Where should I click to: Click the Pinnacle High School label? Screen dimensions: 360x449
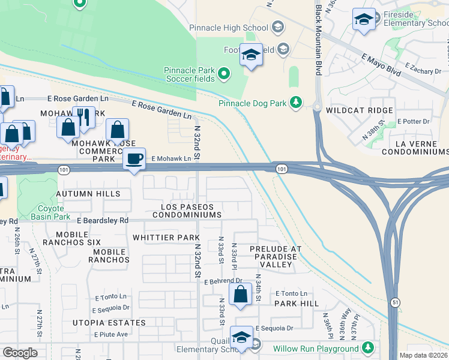point(228,28)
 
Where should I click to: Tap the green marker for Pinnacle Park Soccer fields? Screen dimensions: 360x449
point(224,74)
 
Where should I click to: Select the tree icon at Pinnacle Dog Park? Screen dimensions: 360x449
point(295,103)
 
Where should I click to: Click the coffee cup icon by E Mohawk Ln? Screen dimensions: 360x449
point(134,159)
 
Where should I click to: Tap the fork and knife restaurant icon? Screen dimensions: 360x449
point(84,117)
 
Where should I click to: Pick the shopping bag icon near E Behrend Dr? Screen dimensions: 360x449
point(240,295)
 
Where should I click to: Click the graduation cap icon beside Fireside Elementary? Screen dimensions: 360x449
point(364,19)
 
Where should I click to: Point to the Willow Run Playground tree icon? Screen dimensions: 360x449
point(367,348)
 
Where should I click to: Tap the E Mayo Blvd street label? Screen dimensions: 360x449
point(381,64)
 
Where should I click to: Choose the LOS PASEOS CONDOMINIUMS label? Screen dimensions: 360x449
point(187,210)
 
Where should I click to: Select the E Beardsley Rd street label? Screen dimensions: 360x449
point(103,220)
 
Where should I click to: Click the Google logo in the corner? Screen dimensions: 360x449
point(20,353)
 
